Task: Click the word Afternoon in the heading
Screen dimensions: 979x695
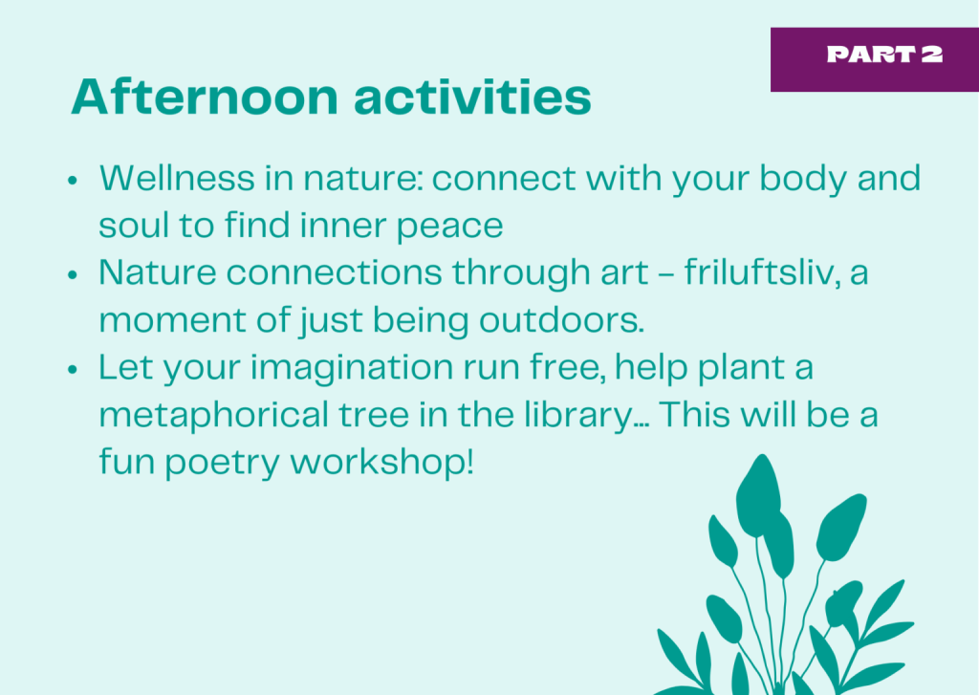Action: point(205,97)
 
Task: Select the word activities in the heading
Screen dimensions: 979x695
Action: point(472,97)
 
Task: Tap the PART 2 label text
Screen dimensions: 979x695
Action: point(884,54)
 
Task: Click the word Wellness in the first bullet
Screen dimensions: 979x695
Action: point(177,178)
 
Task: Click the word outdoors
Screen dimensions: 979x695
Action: point(561,320)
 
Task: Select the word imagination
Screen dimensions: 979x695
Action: point(352,368)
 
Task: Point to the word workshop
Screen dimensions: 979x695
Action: point(382,462)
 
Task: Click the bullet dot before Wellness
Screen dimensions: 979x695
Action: point(73,181)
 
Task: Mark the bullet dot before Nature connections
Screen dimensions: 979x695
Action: point(73,274)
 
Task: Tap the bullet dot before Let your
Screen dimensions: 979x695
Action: point(73,370)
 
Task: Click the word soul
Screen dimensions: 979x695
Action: point(134,226)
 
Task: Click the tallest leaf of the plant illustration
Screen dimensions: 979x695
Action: point(758,496)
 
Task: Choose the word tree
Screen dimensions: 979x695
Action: point(374,416)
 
